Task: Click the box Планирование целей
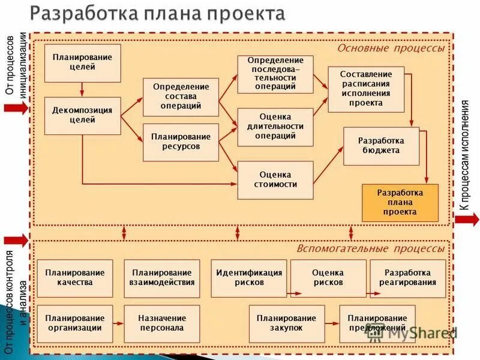(82, 62)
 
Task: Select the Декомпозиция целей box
(82, 115)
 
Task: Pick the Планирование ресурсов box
(181, 142)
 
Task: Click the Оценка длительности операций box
(275, 127)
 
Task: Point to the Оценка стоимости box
(275, 179)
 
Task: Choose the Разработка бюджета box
(381, 146)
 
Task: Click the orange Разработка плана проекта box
(400, 203)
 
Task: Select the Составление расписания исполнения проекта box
(365, 89)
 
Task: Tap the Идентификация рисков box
(249, 278)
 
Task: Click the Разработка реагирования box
(408, 278)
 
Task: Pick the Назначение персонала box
(162, 323)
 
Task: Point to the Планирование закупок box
(286, 323)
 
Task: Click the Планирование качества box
(74, 278)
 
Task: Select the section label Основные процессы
(391, 48)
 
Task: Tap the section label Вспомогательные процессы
(370, 248)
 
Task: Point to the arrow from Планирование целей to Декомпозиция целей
(82, 89)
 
